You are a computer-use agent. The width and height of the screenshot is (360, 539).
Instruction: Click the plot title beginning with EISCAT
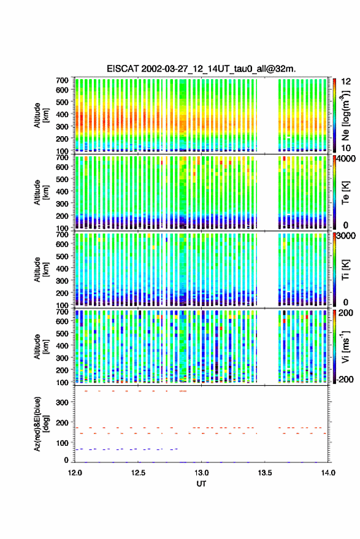click(x=201, y=69)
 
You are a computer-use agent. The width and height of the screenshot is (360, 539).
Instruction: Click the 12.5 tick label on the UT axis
click(x=138, y=473)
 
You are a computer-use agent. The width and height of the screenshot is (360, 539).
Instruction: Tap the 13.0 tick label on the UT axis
click(x=202, y=473)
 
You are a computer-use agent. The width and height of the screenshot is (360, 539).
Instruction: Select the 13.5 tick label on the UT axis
click(x=265, y=473)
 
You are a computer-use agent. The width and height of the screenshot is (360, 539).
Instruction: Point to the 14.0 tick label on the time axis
click(x=328, y=473)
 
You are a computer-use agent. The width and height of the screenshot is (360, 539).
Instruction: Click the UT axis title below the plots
click(x=202, y=484)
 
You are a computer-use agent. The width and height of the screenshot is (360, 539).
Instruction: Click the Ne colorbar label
click(x=345, y=116)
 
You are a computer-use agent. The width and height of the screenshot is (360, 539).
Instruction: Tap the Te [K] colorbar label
click(x=345, y=193)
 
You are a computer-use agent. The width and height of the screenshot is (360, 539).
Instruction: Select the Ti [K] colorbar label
click(x=345, y=270)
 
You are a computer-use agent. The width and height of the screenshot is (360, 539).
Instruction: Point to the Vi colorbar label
click(x=345, y=346)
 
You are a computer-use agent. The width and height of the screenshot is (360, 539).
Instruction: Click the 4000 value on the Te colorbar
click(x=347, y=159)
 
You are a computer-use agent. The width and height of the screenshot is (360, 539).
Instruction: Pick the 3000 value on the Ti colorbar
click(x=347, y=236)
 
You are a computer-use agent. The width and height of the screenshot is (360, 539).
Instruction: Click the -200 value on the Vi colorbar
click(x=345, y=379)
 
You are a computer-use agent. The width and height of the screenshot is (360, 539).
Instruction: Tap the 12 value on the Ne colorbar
click(x=347, y=82)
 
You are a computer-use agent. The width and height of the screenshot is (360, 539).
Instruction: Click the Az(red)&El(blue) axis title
click(x=42, y=424)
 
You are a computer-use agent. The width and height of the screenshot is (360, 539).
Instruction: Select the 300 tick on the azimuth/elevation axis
click(x=62, y=402)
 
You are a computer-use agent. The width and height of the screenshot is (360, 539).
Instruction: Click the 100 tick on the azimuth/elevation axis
click(x=62, y=443)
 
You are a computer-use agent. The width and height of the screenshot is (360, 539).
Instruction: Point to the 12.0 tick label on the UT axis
click(x=75, y=473)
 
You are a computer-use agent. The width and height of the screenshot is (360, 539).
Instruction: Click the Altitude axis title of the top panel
click(x=41, y=115)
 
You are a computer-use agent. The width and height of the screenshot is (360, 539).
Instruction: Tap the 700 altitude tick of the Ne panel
click(x=62, y=80)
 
